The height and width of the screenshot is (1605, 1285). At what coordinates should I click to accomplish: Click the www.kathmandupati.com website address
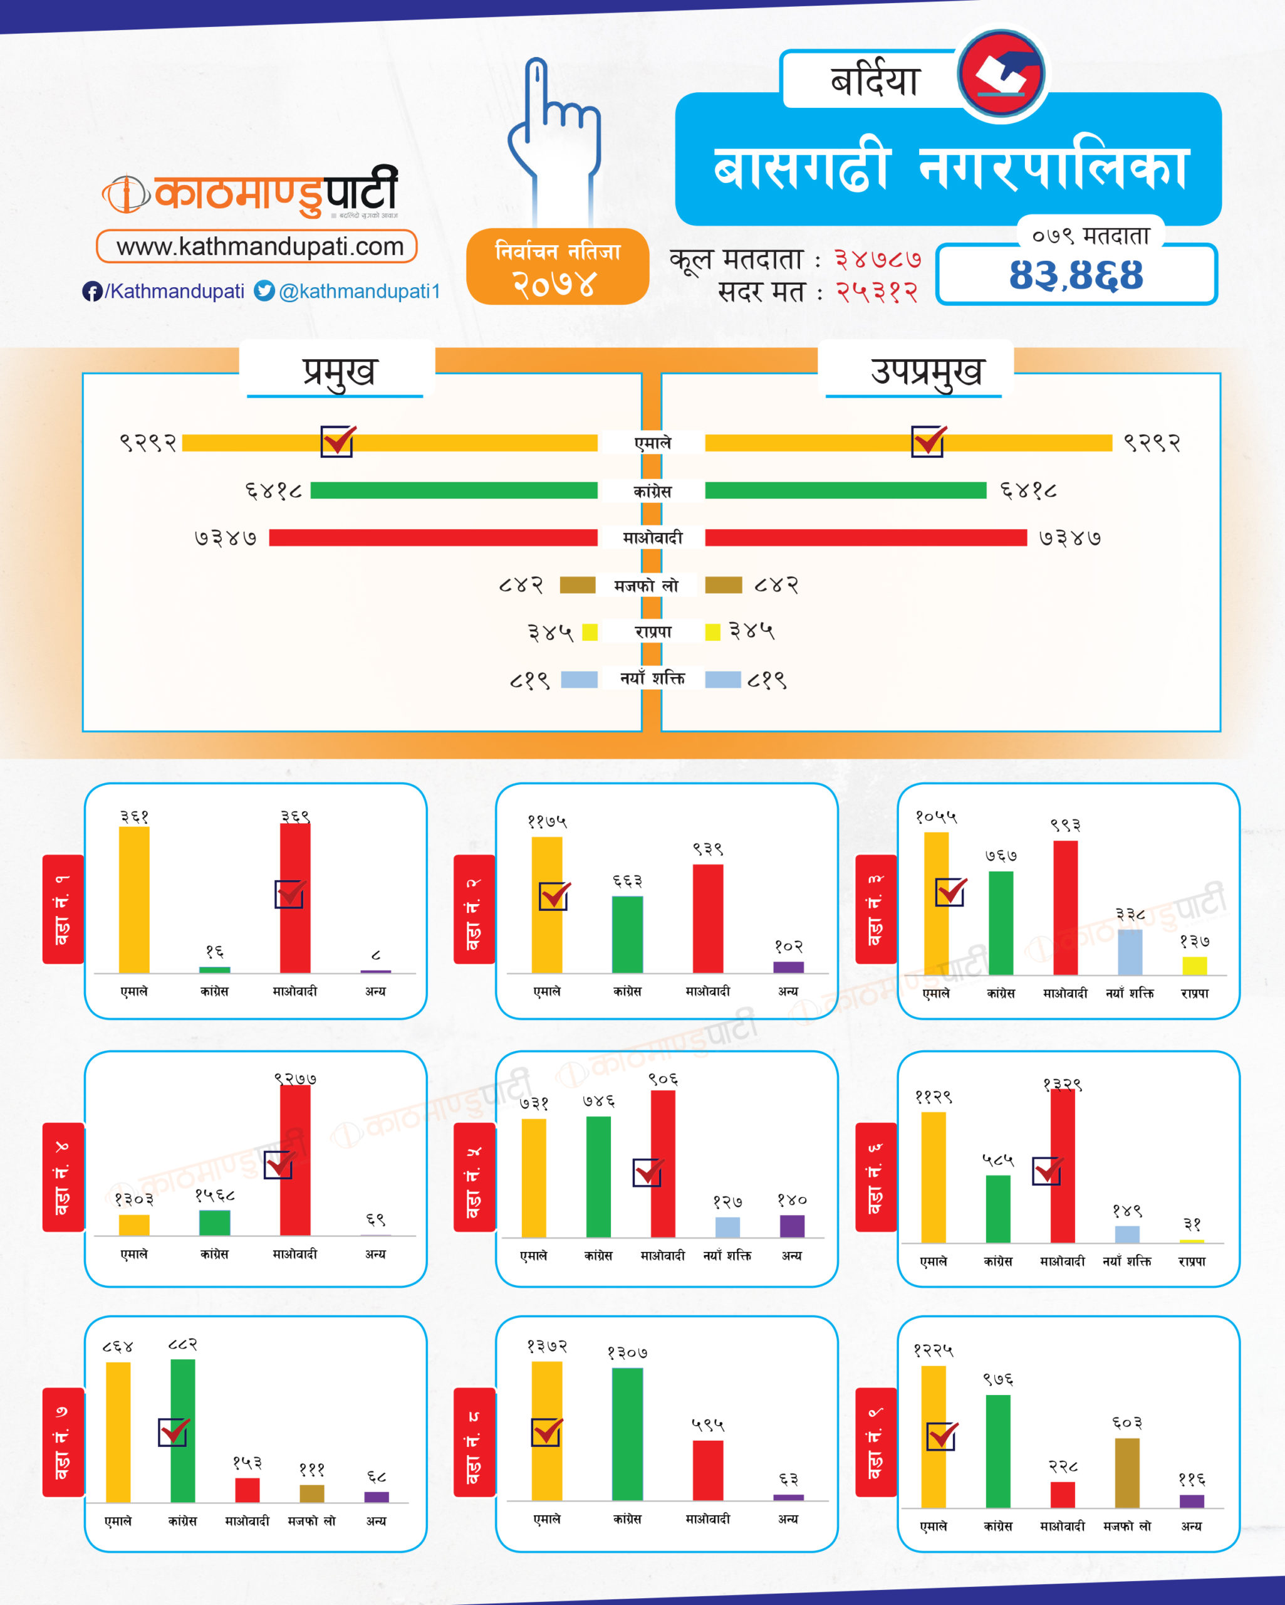(x=257, y=246)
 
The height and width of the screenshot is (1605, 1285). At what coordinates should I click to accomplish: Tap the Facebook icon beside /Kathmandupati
(x=91, y=292)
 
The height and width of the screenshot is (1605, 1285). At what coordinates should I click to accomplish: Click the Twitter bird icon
(x=264, y=291)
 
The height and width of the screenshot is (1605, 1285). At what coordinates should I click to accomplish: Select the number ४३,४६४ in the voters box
(x=1075, y=275)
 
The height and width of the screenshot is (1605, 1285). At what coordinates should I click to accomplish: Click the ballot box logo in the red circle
(x=1002, y=75)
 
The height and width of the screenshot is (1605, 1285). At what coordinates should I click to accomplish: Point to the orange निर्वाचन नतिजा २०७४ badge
(x=558, y=267)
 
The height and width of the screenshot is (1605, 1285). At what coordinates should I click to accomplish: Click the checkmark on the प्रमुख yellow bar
(x=338, y=441)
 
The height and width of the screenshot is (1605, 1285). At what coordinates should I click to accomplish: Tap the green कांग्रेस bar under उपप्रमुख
(x=845, y=490)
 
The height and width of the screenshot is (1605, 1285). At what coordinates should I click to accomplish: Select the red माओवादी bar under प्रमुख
(x=433, y=537)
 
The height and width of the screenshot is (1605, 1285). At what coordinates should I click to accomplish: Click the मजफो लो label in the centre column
(x=647, y=586)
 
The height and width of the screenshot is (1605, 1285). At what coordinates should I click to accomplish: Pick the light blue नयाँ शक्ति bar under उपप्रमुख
(x=723, y=680)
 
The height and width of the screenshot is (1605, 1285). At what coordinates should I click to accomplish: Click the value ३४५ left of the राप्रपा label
(x=550, y=633)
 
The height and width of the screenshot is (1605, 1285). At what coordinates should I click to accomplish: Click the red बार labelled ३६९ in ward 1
(x=295, y=898)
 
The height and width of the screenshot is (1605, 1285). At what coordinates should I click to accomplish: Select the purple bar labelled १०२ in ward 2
(x=788, y=967)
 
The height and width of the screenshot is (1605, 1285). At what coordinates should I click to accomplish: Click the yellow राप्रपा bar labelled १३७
(x=1194, y=966)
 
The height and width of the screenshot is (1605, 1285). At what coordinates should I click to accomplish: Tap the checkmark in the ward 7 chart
(x=174, y=1431)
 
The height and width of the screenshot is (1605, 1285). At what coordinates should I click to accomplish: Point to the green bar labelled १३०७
(x=627, y=1434)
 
